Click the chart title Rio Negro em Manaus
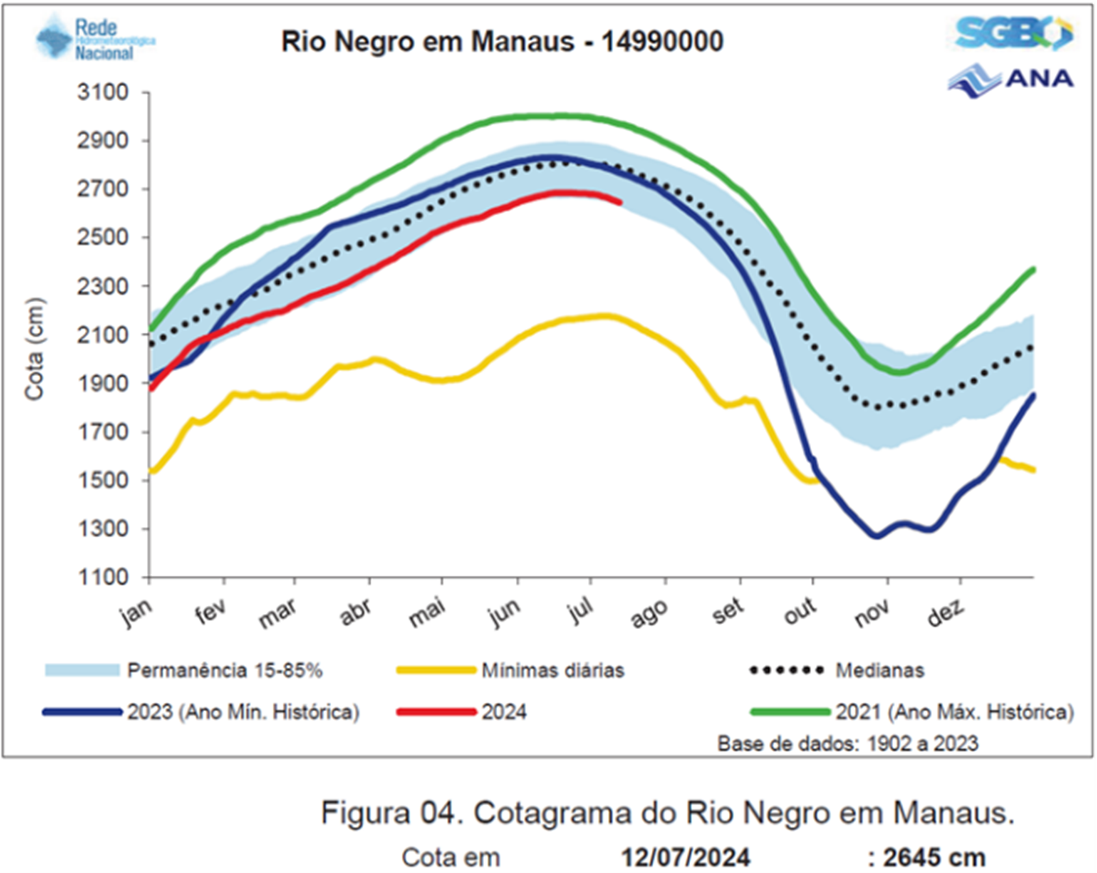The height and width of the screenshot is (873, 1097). point(502,42)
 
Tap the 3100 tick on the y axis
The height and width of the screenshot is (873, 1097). point(103,92)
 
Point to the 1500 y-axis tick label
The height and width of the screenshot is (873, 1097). point(103,480)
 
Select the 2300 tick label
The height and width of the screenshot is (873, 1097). point(103,286)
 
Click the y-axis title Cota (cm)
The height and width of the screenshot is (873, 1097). point(34,349)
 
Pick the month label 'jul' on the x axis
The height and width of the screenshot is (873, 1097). point(581,610)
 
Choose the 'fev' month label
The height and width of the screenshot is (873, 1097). point(210,611)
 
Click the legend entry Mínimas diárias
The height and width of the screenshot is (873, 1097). point(553,670)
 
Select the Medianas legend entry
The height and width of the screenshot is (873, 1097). point(880,670)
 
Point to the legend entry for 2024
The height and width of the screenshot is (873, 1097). point(504,712)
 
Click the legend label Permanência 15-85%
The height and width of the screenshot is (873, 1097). point(224,670)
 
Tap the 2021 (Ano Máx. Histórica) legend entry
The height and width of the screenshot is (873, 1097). point(954,712)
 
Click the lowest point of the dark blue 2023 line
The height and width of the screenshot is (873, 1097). point(876,536)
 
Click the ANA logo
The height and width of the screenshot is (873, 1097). point(1011,80)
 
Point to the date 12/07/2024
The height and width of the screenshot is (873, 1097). point(685,857)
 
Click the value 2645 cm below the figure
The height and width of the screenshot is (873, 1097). point(934,857)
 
